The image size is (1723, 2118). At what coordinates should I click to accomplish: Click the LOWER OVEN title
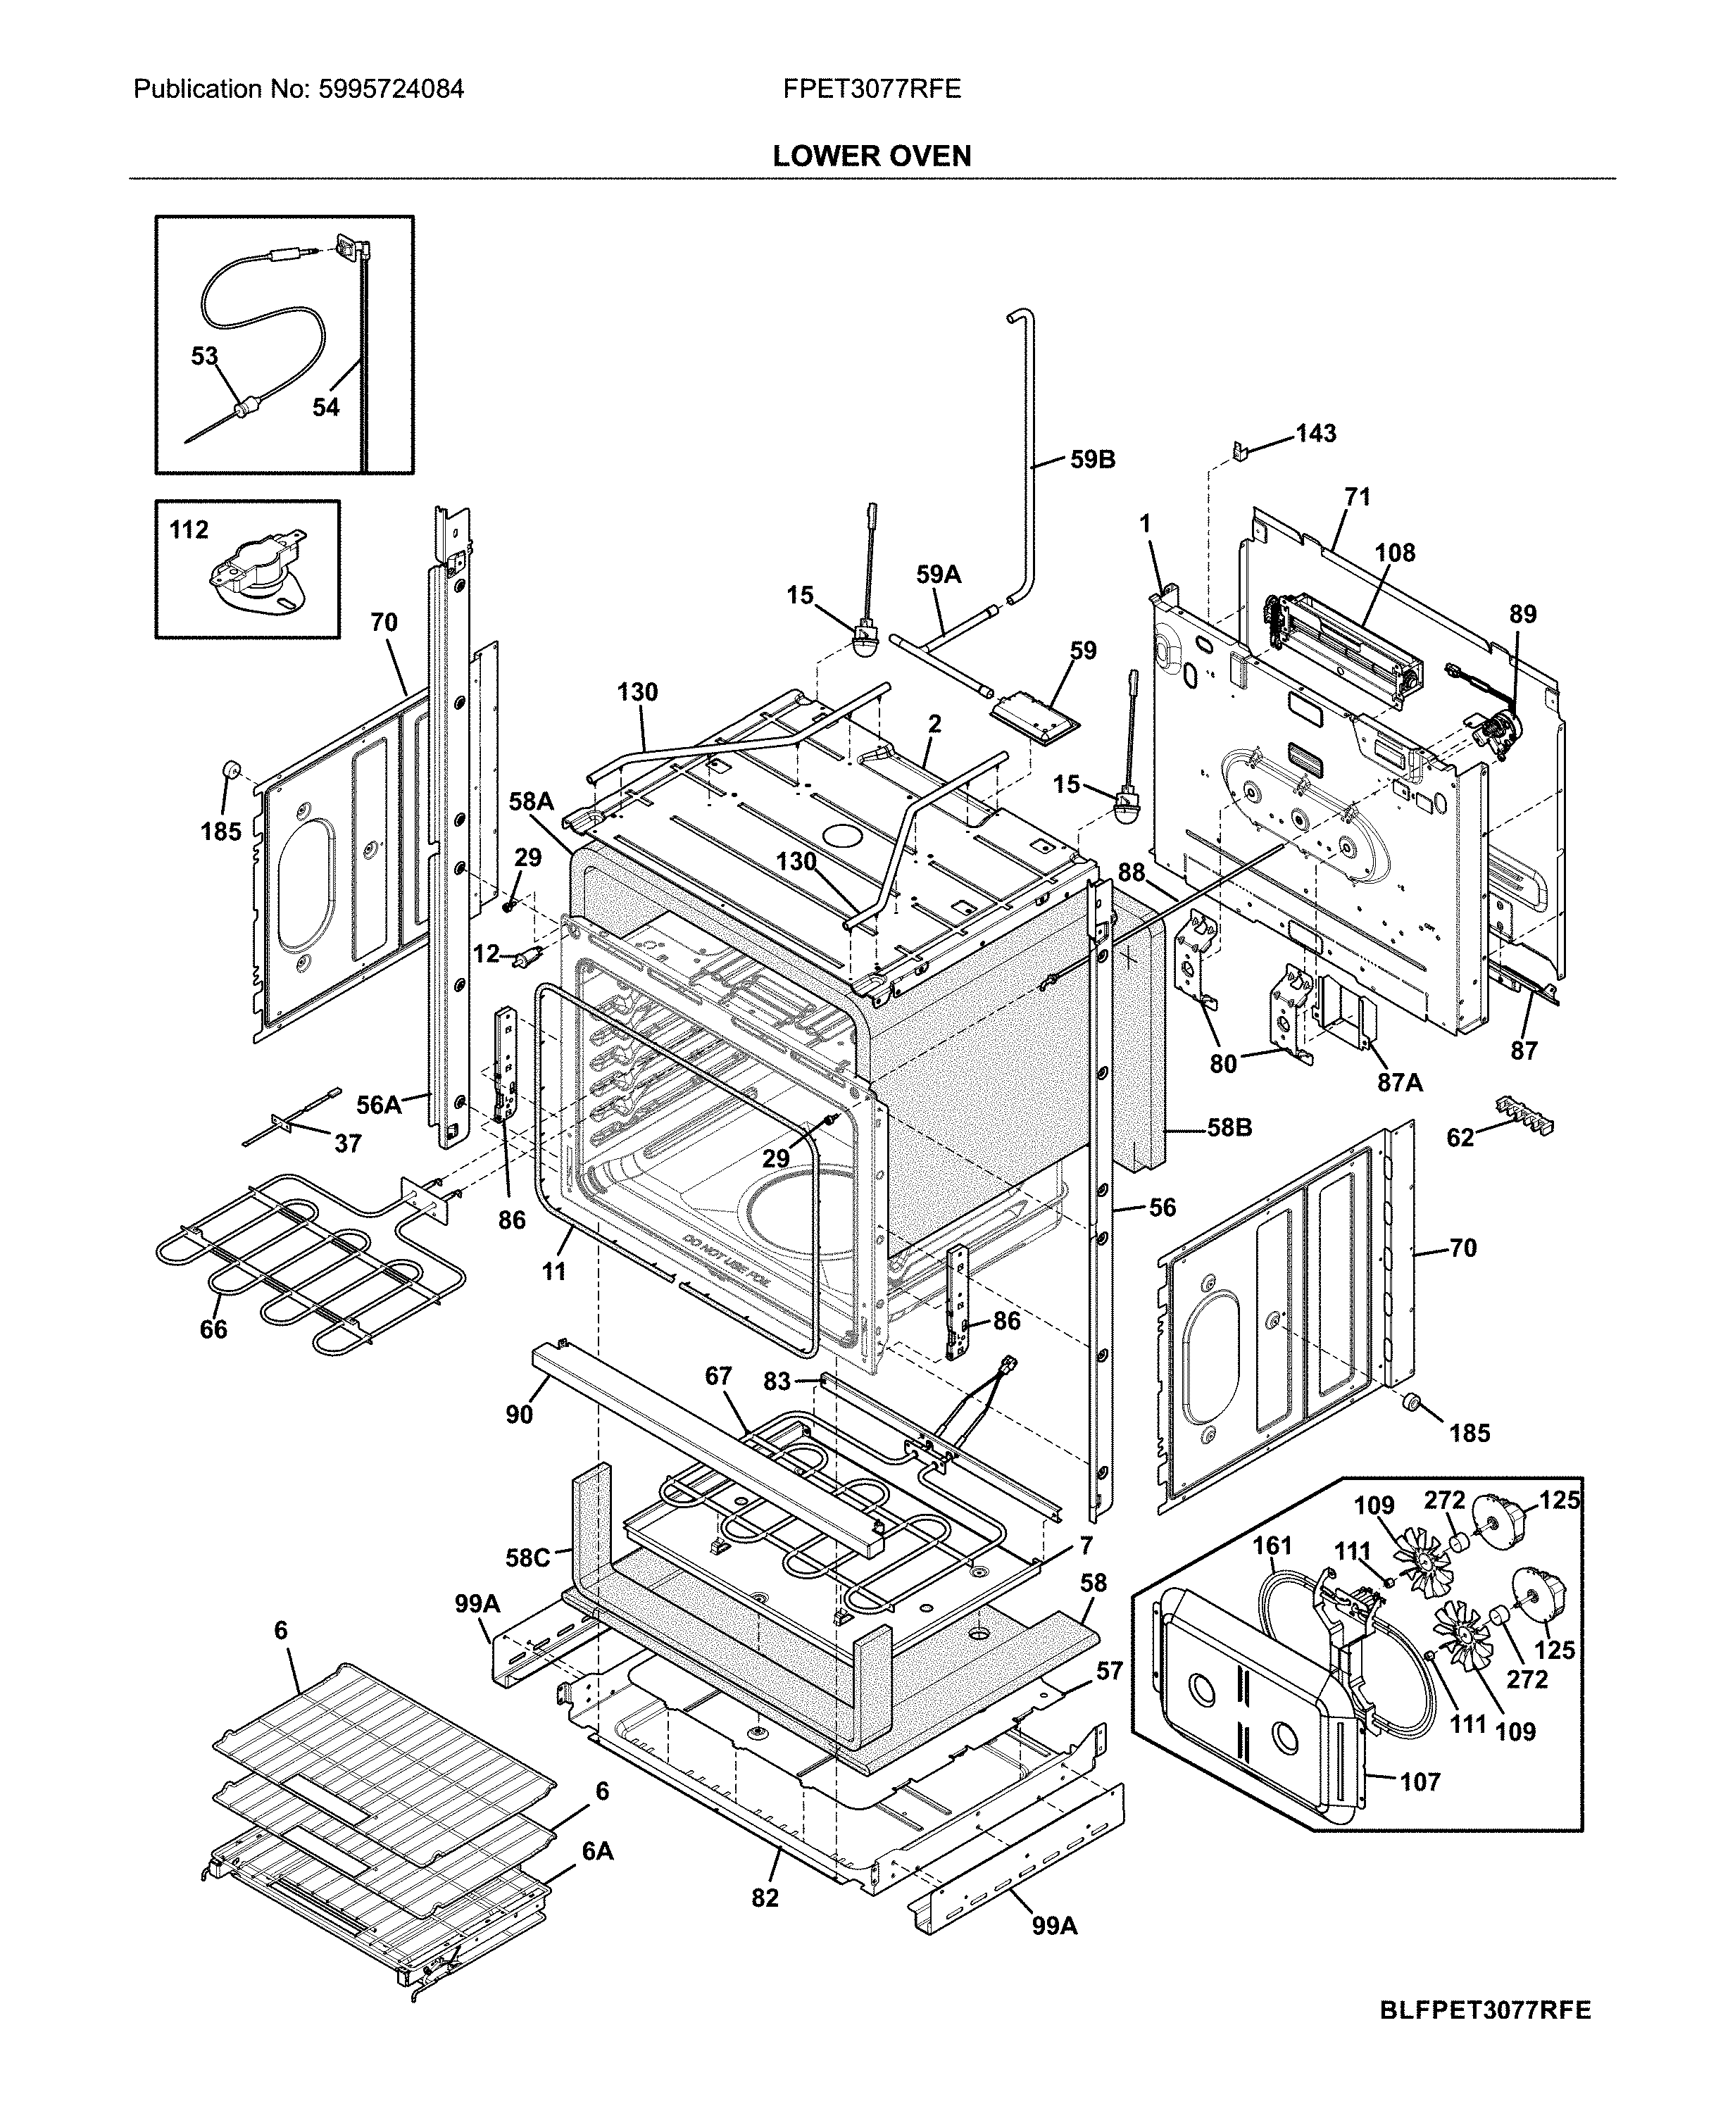click(872, 156)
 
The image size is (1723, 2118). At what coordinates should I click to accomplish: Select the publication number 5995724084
click(390, 89)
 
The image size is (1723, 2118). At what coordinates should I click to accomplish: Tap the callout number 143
click(1315, 434)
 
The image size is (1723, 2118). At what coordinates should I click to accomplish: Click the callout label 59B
click(1092, 460)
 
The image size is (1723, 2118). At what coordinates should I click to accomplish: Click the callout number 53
click(203, 356)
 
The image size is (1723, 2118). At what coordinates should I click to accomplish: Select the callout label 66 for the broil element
click(213, 1329)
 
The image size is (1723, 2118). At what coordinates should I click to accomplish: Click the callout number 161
click(1272, 1546)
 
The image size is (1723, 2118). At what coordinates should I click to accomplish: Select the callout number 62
click(1460, 1137)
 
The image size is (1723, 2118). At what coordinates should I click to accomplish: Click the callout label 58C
click(527, 1558)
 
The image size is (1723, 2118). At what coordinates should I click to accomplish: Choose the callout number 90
click(519, 1415)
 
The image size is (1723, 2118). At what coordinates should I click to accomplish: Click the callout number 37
click(347, 1143)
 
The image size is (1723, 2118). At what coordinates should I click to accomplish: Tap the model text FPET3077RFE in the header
click(872, 89)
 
